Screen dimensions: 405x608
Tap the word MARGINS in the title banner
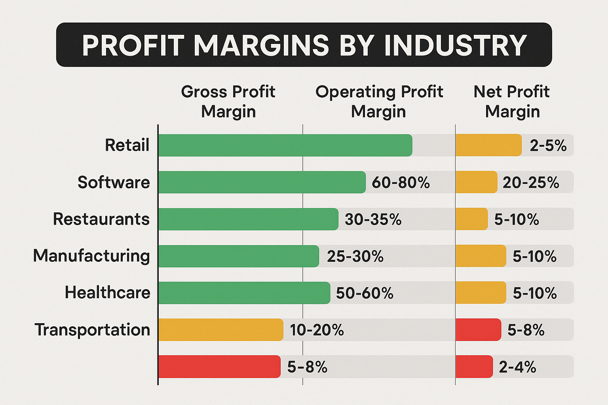(261, 45)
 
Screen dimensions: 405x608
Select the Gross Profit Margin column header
(228, 101)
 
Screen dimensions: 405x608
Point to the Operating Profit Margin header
(379, 101)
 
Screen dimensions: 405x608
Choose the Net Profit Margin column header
(512, 101)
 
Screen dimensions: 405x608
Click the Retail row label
(127, 145)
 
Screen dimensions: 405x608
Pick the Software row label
(114, 182)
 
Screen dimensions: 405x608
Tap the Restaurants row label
(101, 219)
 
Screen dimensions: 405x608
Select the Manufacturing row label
(91, 256)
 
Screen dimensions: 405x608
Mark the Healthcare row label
(107, 293)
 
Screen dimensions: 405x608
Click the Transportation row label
(92, 330)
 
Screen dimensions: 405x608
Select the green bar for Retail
(285, 145)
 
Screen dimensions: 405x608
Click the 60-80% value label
(401, 183)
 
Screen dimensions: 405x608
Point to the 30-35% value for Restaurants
(373, 220)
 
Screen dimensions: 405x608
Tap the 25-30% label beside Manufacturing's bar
(355, 256)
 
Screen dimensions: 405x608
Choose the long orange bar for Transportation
(220, 330)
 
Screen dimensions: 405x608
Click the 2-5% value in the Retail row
(548, 146)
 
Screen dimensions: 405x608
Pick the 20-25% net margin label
(531, 183)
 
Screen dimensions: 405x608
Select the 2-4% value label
(517, 367)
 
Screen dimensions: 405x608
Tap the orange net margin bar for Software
(476, 182)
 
